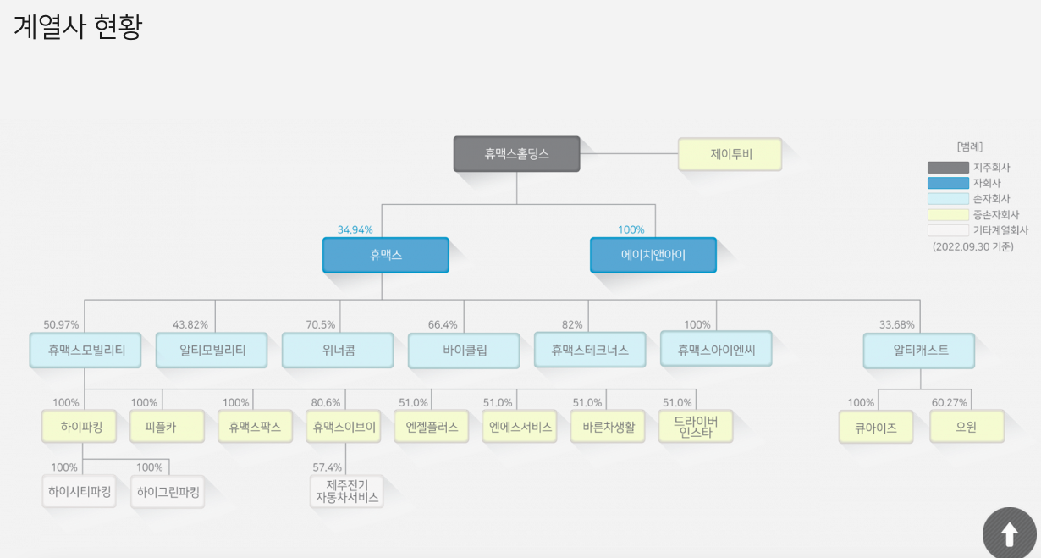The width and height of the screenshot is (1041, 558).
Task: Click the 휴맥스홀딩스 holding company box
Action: (x=516, y=154)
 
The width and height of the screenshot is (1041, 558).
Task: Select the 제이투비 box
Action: (x=730, y=154)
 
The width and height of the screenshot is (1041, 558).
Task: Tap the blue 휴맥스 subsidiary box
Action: (x=385, y=255)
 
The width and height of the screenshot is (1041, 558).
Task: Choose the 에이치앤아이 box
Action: (x=653, y=255)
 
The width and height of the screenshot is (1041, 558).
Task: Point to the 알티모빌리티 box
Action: (x=212, y=350)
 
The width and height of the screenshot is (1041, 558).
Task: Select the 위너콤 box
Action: (x=338, y=350)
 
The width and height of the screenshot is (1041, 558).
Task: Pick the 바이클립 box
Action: (x=464, y=351)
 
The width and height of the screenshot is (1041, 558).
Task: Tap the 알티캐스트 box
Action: (x=919, y=350)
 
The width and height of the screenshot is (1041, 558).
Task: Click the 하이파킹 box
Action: (x=81, y=427)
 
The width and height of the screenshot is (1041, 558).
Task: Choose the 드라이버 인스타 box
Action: (x=695, y=427)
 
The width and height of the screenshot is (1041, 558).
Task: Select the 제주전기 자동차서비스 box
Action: (x=346, y=491)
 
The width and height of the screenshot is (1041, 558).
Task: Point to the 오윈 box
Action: (x=966, y=427)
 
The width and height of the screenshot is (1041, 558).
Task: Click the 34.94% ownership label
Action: (x=355, y=229)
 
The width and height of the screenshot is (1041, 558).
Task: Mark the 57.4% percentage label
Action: (x=327, y=467)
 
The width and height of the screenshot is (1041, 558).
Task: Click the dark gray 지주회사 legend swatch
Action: (x=948, y=168)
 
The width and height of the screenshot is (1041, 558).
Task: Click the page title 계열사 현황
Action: (x=78, y=27)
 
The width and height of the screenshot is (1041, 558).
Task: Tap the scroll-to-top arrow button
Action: (x=1009, y=534)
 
